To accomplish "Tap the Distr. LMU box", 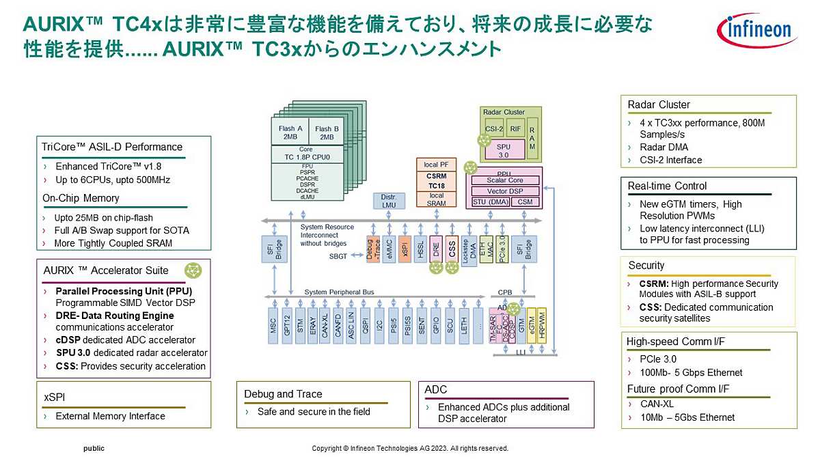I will [x=387, y=201].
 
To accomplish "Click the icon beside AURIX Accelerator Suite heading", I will [x=194, y=270].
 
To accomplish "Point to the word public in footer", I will [x=94, y=449].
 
